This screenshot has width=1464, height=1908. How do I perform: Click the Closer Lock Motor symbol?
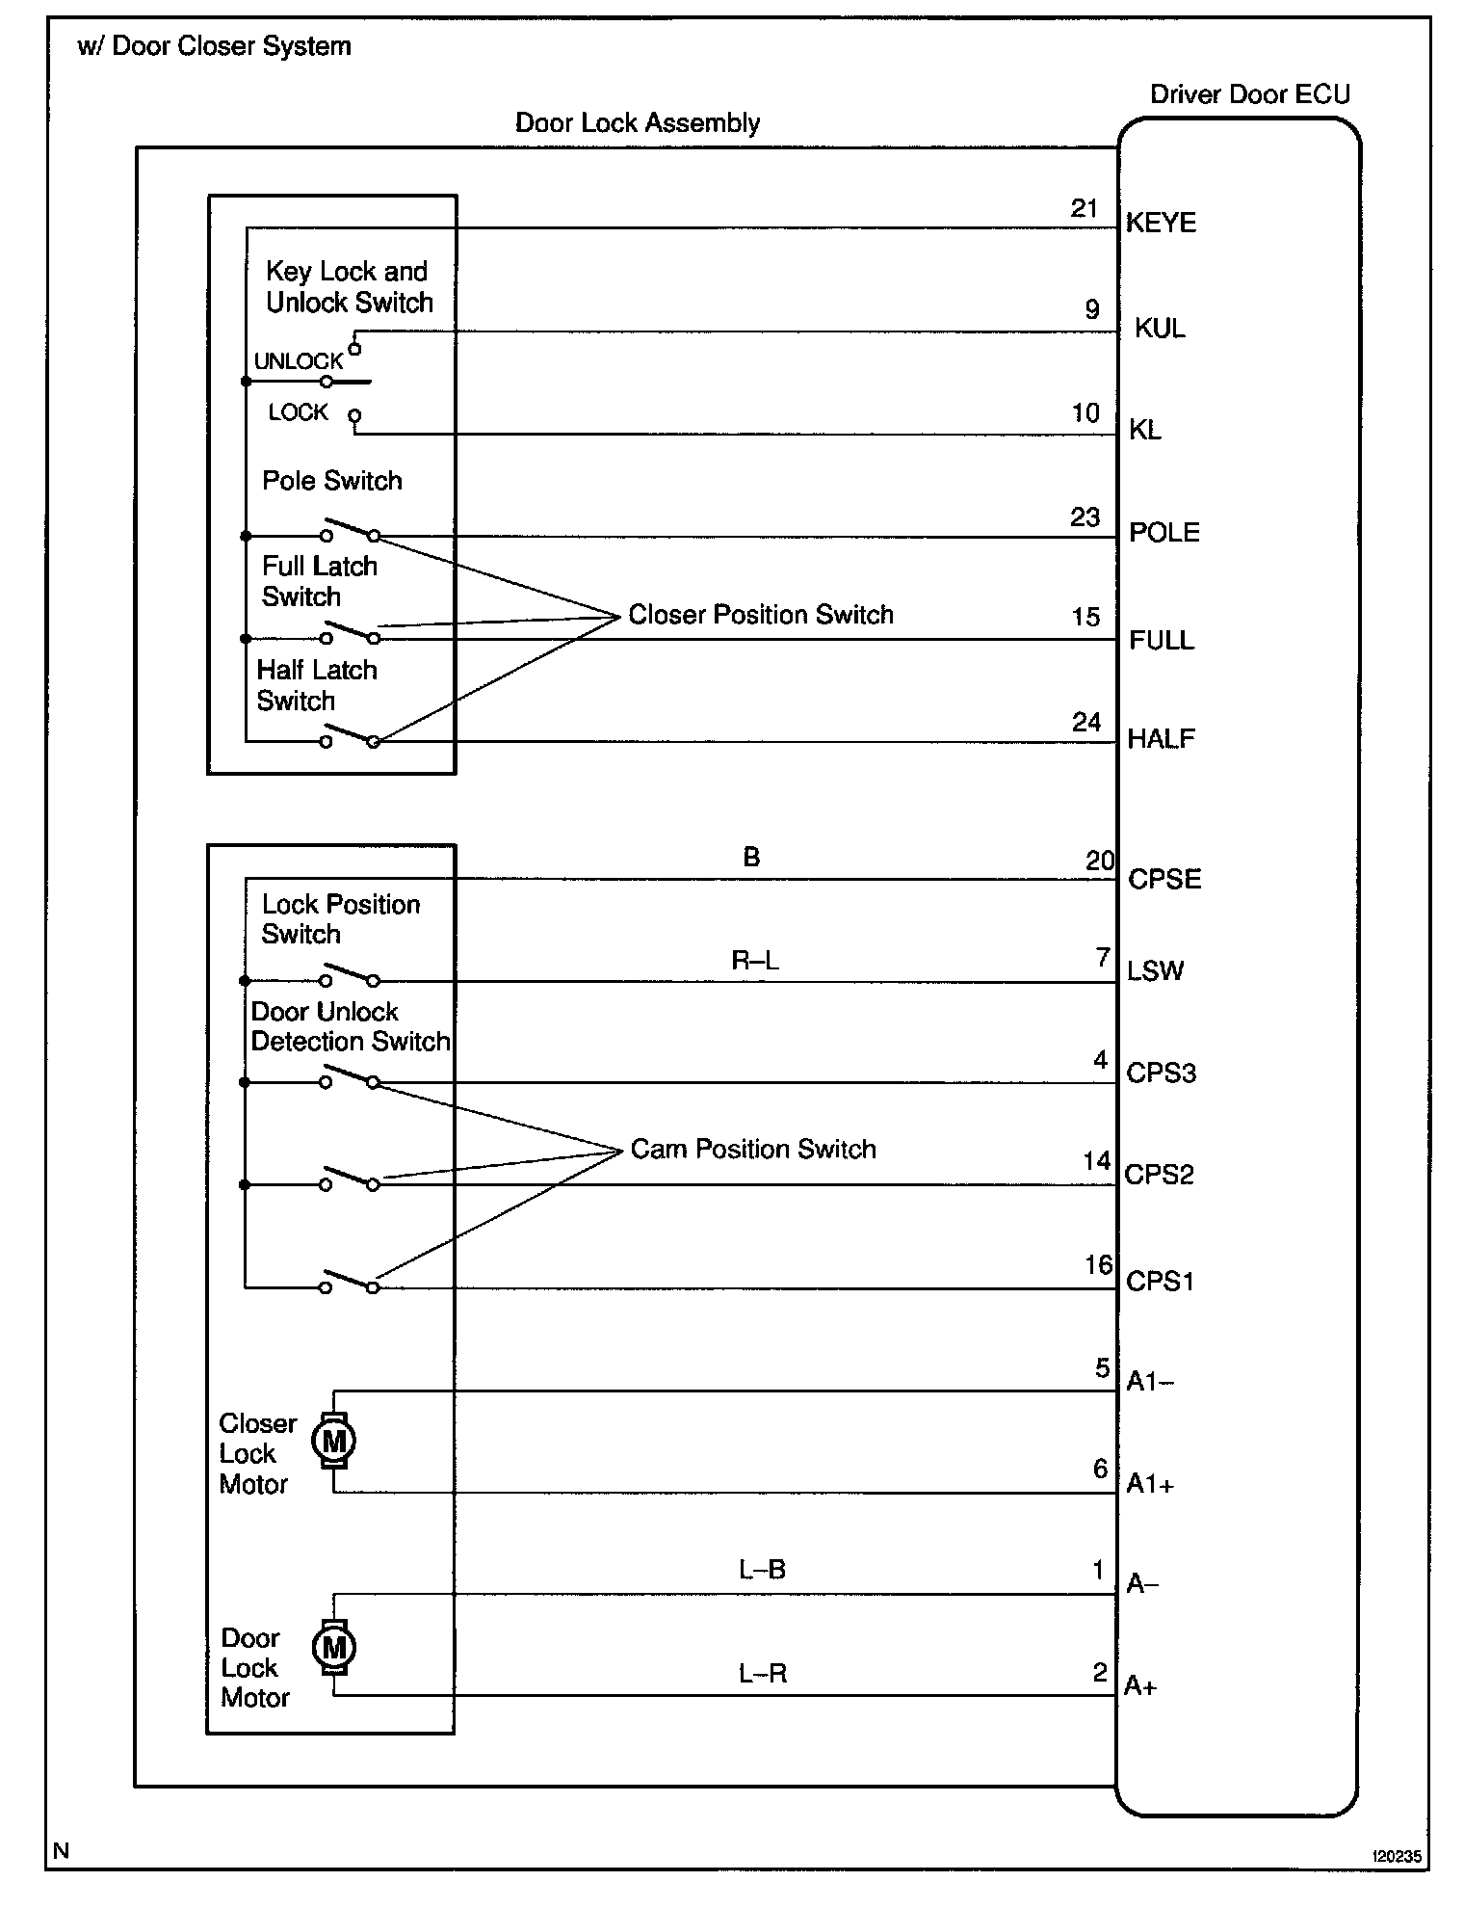[x=334, y=1442]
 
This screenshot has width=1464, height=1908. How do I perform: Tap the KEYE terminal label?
[x=1161, y=224]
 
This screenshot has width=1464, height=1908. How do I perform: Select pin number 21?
[x=1085, y=208]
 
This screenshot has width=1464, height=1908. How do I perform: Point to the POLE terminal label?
[x=1163, y=533]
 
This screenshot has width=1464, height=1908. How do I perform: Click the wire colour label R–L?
[x=755, y=961]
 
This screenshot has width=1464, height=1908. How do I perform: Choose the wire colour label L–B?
[x=762, y=1570]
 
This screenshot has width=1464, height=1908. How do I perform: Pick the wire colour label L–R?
[x=763, y=1674]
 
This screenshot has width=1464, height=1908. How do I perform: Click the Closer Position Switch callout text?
[x=761, y=615]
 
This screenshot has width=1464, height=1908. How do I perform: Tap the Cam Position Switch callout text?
[x=753, y=1149]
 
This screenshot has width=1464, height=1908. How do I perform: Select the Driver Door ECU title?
[x=1250, y=94]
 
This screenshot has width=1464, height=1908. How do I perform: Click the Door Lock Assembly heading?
[x=638, y=123]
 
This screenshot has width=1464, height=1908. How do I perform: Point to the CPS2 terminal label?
[x=1159, y=1175]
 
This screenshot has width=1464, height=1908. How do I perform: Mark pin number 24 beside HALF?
[x=1086, y=722]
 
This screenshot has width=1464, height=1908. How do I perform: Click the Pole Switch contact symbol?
[x=350, y=531]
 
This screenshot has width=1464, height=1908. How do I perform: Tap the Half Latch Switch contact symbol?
[x=350, y=737]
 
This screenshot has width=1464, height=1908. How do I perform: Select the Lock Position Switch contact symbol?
[x=350, y=976]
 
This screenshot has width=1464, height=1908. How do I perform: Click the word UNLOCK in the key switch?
[x=299, y=361]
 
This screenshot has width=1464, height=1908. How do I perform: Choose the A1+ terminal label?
[x=1150, y=1485]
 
